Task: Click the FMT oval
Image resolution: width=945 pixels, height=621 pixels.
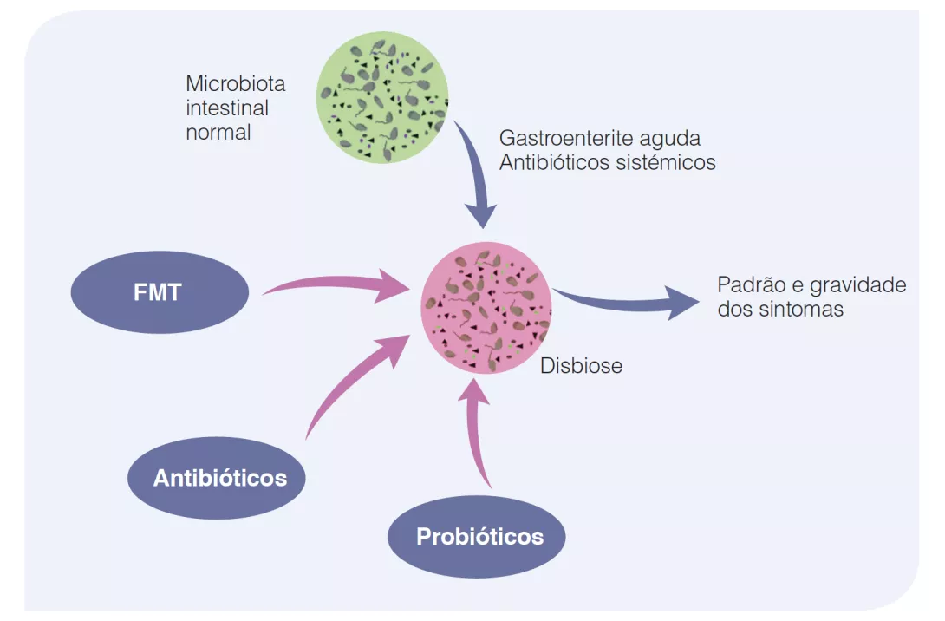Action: [x=159, y=291]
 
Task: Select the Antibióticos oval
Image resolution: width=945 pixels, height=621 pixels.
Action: [x=218, y=478]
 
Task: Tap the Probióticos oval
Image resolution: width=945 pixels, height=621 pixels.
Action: [x=479, y=536]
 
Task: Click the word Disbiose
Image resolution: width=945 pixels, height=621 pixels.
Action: [x=581, y=366]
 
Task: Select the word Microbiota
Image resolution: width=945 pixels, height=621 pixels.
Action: [x=235, y=84]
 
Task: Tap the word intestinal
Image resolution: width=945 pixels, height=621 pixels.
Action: [x=227, y=108]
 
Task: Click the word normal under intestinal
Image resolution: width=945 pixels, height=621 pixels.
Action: [x=218, y=133]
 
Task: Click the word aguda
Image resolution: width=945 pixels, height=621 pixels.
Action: [x=668, y=138]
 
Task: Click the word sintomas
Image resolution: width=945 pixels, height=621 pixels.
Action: [x=801, y=309]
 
